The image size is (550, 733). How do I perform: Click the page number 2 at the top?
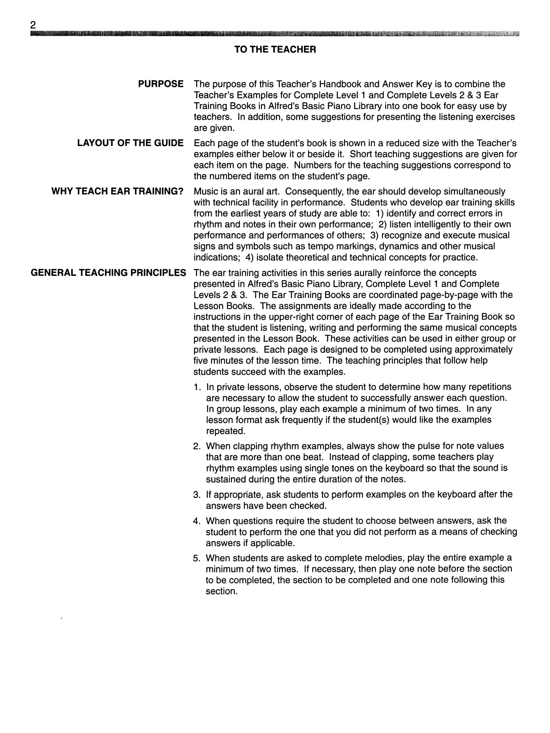click(33, 25)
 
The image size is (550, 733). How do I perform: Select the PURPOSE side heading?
click(161, 84)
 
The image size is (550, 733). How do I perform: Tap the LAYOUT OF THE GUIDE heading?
click(130, 143)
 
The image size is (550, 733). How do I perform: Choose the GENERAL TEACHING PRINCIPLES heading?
click(108, 273)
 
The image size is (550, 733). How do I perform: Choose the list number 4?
click(196, 521)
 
